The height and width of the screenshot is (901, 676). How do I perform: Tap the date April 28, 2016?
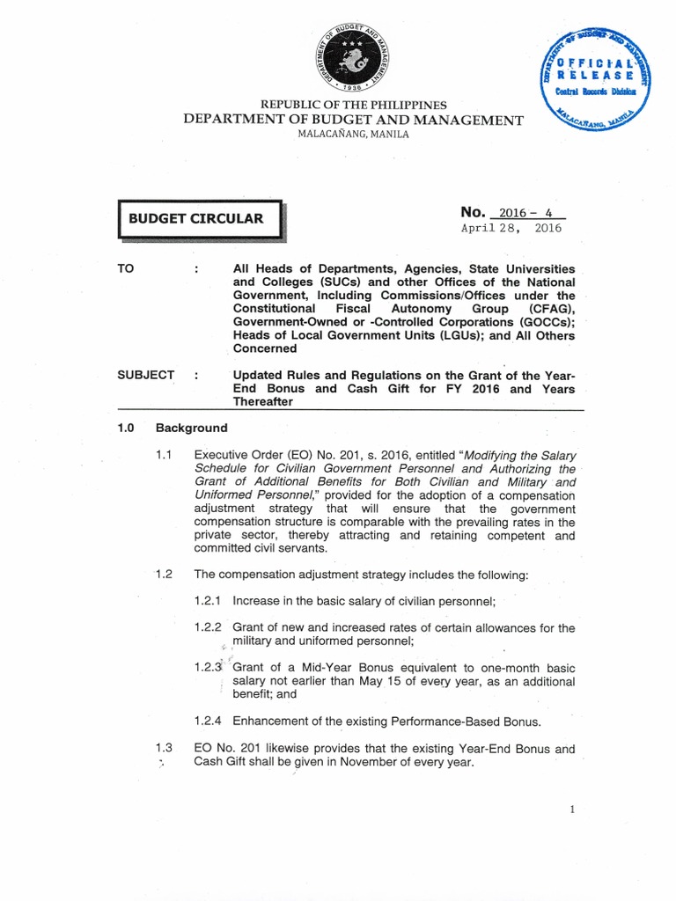[511, 228]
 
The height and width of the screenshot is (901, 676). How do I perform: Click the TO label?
[128, 267]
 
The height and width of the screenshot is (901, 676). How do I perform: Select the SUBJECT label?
[145, 374]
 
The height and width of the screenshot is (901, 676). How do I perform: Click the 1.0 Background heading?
[173, 429]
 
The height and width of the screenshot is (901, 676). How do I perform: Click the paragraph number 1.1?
[163, 455]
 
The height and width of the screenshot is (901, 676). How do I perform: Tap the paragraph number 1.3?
[163, 749]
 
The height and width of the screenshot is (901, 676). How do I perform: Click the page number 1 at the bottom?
[572, 810]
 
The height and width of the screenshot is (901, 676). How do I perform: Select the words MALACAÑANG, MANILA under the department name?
[351, 135]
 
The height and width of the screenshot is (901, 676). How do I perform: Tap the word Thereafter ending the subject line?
[263, 401]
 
